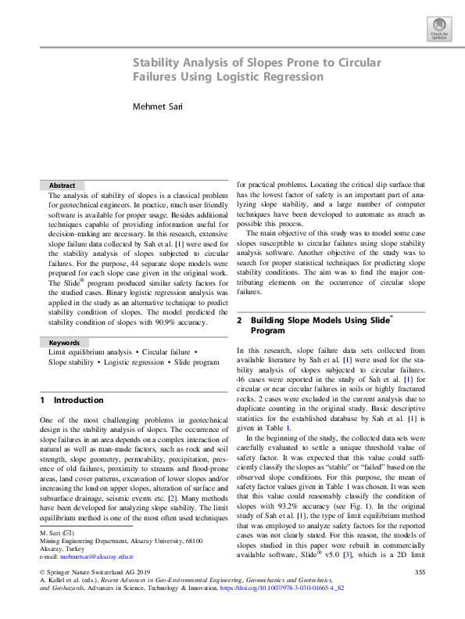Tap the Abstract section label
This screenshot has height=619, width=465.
[x=63, y=185]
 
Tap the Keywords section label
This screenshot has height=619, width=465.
[x=65, y=343]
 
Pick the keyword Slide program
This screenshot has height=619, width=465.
[x=195, y=362]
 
